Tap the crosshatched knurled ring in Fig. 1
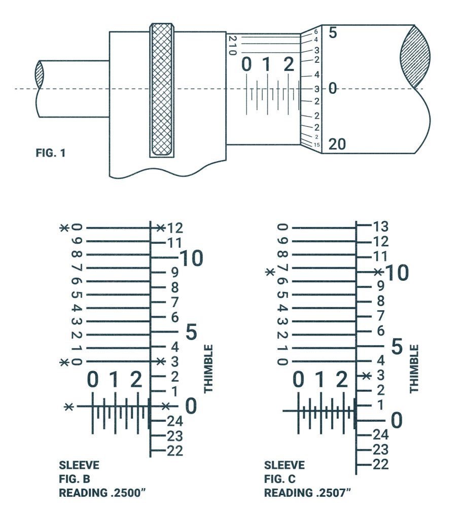coord(162,90)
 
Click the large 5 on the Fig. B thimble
coord(191,333)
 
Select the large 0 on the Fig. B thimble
coord(191,405)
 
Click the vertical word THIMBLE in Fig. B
coord(208,369)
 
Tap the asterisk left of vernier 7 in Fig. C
coord(270,272)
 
